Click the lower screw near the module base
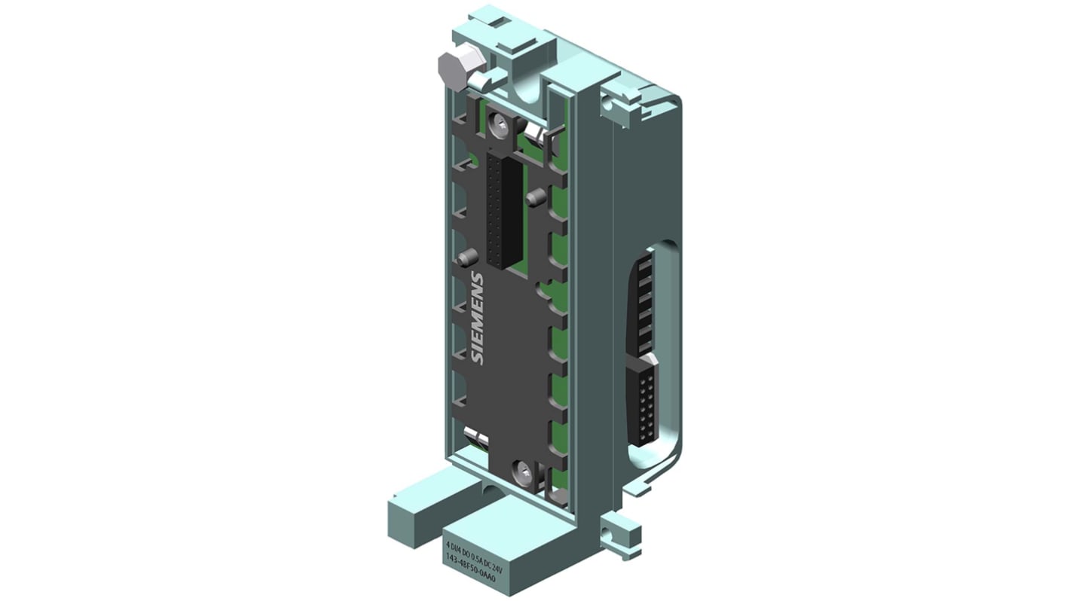522,473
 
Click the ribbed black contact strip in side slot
642,301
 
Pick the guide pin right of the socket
537,200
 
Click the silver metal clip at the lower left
477,436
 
